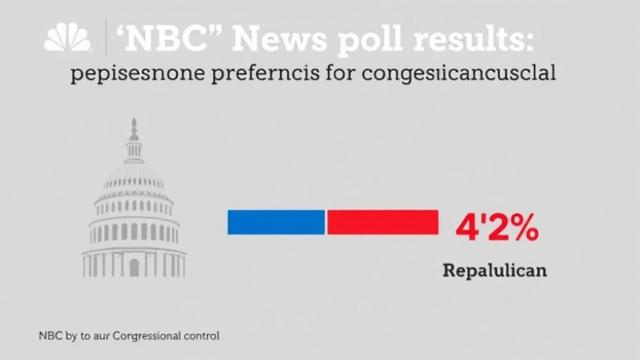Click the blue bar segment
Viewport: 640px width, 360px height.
click(276, 222)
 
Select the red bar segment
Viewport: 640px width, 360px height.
click(383, 222)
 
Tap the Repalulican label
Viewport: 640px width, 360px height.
click(495, 271)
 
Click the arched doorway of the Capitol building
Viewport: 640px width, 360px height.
click(134, 268)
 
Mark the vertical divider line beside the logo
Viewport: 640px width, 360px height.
click(106, 38)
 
